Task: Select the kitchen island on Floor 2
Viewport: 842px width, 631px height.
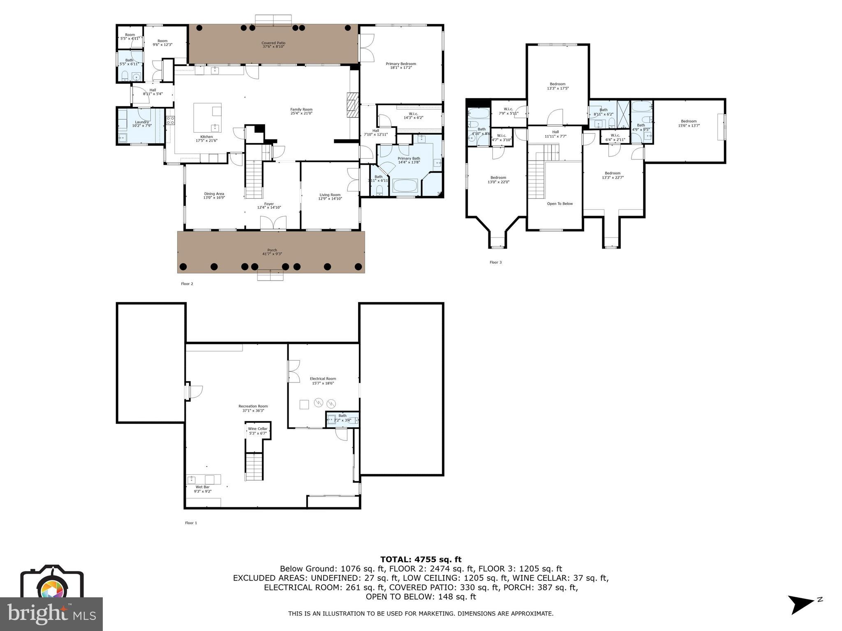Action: (208, 117)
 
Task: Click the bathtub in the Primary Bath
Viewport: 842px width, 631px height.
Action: (405, 185)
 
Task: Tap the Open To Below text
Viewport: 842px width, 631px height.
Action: (560, 204)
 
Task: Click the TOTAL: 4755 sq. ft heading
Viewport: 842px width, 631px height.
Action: (421, 560)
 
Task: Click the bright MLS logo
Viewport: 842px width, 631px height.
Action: (51, 614)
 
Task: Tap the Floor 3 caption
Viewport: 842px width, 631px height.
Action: (495, 263)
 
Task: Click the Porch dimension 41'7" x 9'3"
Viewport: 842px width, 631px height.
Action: (272, 254)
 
